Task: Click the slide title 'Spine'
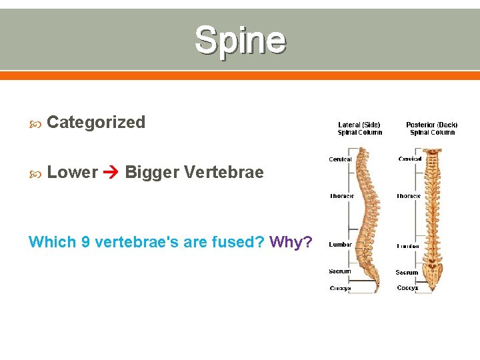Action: click(240, 40)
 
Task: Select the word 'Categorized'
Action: click(96, 122)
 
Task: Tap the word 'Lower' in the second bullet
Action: click(73, 173)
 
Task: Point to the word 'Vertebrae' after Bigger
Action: click(223, 173)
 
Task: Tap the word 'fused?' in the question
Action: click(241, 242)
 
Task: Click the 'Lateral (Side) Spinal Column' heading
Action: click(359, 129)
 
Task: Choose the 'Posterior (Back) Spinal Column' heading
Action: click(432, 129)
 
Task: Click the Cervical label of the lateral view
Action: click(340, 159)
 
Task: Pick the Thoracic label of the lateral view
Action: click(341, 196)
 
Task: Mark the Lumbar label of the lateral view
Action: click(340, 245)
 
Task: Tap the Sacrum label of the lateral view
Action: click(340, 271)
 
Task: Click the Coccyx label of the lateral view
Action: click(340, 288)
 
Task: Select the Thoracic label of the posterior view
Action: click(408, 196)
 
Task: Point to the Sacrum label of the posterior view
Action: click(407, 272)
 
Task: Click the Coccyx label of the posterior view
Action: click(407, 288)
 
